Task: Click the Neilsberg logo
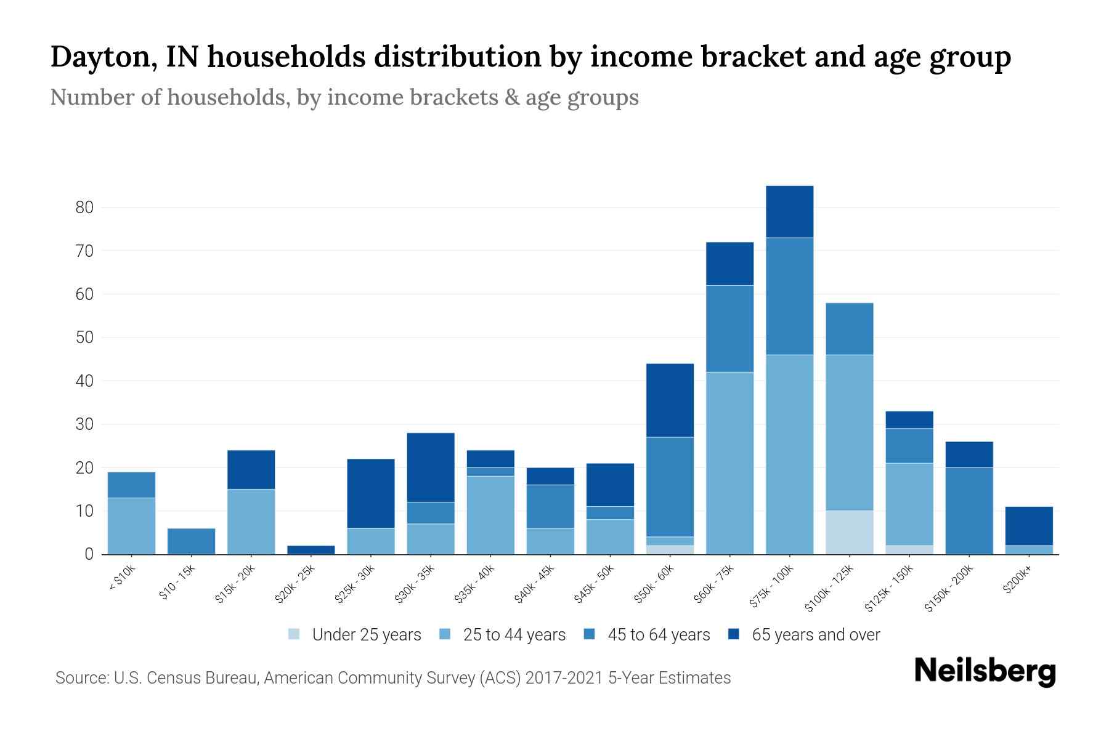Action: pyautogui.click(x=985, y=671)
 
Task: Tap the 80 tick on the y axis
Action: pyautogui.click(x=84, y=208)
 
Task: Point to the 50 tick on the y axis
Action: pyautogui.click(x=84, y=337)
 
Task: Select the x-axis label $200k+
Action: pyautogui.click(x=1017, y=581)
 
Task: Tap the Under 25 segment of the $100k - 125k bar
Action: pyautogui.click(x=850, y=532)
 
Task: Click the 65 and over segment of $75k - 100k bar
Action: pyautogui.click(x=789, y=211)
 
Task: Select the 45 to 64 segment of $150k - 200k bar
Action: pyautogui.click(x=969, y=511)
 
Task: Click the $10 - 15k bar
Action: pyautogui.click(x=191, y=541)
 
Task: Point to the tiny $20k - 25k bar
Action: pyautogui.click(x=311, y=549)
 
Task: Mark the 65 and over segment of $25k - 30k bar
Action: pyautogui.click(x=371, y=493)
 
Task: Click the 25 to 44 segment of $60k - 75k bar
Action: pyautogui.click(x=729, y=462)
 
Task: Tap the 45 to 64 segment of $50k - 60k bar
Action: pyautogui.click(x=670, y=487)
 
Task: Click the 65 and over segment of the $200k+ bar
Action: pyautogui.click(x=1029, y=526)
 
